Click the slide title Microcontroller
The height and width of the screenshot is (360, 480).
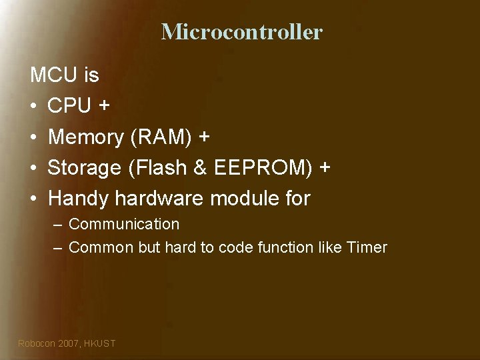click(241, 31)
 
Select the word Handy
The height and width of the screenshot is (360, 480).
click(79, 199)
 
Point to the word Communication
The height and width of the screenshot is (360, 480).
click(124, 224)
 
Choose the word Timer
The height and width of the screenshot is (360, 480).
click(367, 247)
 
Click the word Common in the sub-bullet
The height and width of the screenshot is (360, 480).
click(101, 247)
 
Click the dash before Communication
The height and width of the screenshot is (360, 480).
click(58, 225)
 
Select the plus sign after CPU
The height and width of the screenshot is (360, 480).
click(105, 107)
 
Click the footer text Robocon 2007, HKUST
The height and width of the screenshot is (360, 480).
click(67, 343)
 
